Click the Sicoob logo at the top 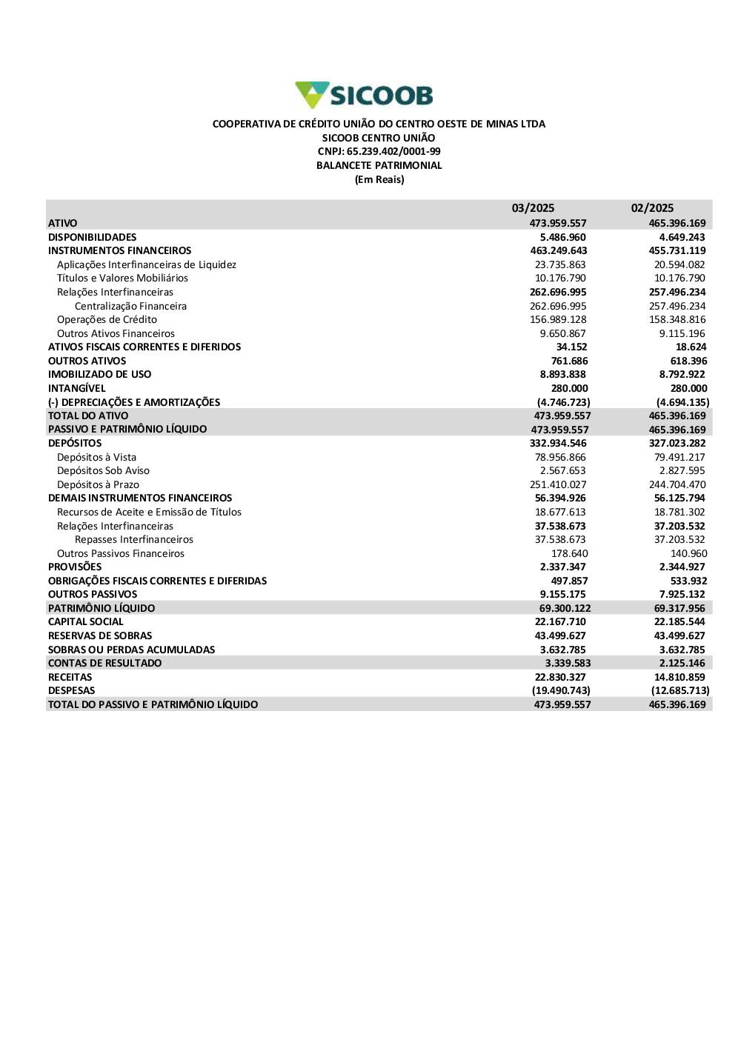(x=364, y=96)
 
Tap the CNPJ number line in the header (x=379, y=152)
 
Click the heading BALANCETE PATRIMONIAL (x=379, y=166)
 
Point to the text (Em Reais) (x=379, y=180)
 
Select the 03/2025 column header (x=533, y=208)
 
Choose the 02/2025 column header (x=652, y=208)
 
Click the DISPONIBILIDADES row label (x=93, y=237)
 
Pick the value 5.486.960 (x=562, y=237)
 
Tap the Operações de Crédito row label (x=107, y=320)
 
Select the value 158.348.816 (x=677, y=320)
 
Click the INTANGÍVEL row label (x=77, y=388)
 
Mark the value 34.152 (x=571, y=347)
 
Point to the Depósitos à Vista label (x=96, y=458)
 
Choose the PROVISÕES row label (x=75, y=567)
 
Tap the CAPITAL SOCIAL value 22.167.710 (x=560, y=622)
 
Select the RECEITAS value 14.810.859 (x=679, y=677)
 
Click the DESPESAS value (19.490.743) (x=561, y=691)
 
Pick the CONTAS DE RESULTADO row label (x=104, y=664)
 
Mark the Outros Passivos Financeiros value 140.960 (x=688, y=554)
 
